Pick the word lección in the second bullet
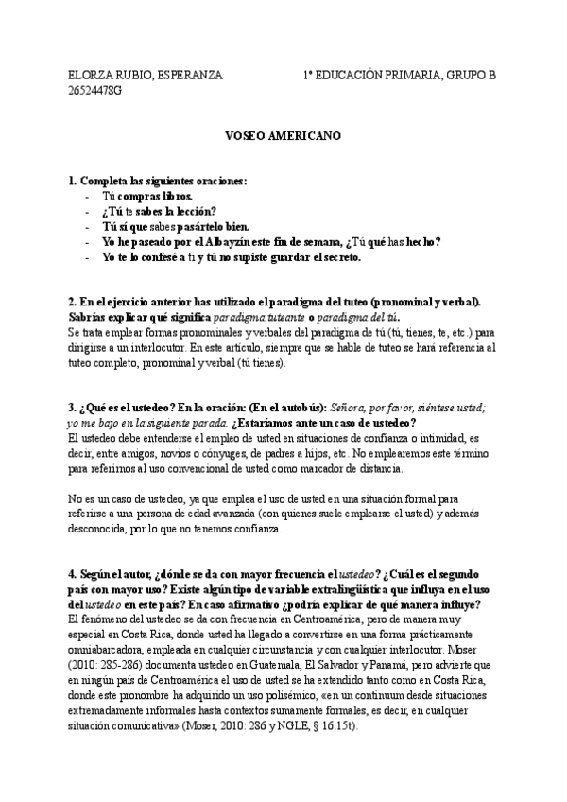pyautogui.click(x=197, y=211)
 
